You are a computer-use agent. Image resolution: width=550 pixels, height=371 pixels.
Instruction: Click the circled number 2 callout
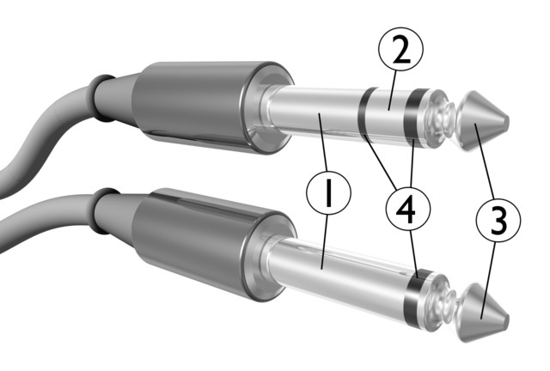tap(400, 50)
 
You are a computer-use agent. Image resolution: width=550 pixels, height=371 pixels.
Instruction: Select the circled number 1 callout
tap(328, 192)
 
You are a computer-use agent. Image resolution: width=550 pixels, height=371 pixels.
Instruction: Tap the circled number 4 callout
tap(407, 209)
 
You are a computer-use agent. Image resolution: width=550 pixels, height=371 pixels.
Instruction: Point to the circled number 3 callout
tap(498, 220)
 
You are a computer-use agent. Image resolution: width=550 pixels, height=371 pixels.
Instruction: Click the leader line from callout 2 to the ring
tap(394, 88)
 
